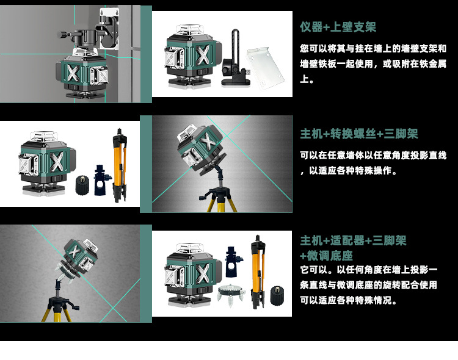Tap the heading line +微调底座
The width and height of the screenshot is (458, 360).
(326, 255)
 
